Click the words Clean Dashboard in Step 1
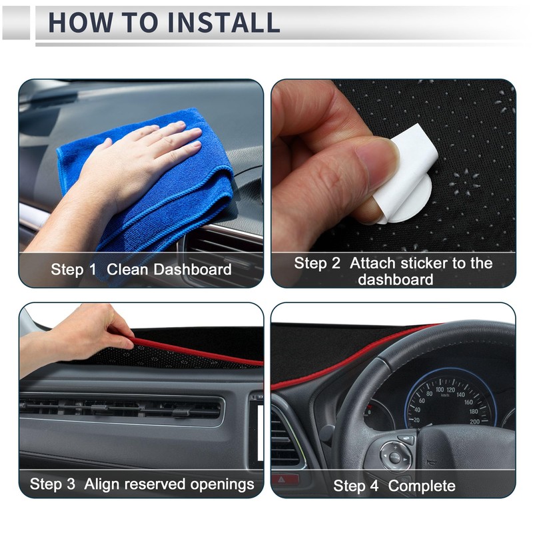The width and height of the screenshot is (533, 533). point(169,270)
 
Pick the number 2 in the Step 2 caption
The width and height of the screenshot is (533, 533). point(336,263)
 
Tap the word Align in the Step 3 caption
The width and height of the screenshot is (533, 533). point(102,484)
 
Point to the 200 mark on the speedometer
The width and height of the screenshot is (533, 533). point(474,422)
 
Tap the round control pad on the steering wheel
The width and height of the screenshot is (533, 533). point(395,457)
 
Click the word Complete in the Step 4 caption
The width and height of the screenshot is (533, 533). point(422,486)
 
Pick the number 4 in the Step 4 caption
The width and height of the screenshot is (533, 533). point(376,486)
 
